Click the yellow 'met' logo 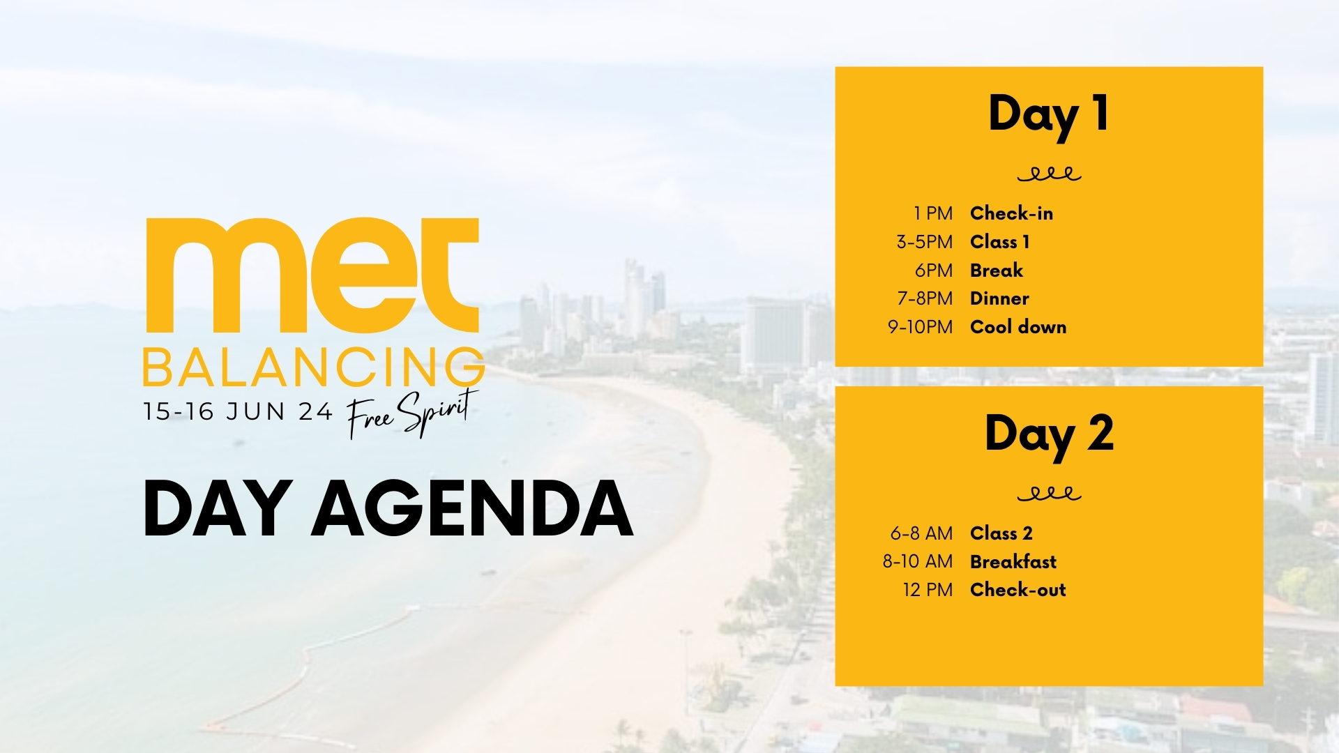pos(312,275)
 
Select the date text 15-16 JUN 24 pos(238,411)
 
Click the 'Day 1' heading pos(1048,115)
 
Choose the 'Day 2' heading pos(1049,434)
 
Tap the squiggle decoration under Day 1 pos(1049,174)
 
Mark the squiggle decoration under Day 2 pos(1049,494)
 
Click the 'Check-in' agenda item pos(1011,213)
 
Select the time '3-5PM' pos(924,242)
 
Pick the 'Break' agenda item pos(997,271)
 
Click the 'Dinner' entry pos(999,298)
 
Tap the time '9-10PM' pos(920,327)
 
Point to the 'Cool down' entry pos(1018,327)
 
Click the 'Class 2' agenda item pos(1001,533)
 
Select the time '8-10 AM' pos(917,561)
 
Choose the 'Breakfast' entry pos(1013,562)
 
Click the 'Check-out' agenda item pos(1018,590)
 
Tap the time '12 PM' pos(928,590)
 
